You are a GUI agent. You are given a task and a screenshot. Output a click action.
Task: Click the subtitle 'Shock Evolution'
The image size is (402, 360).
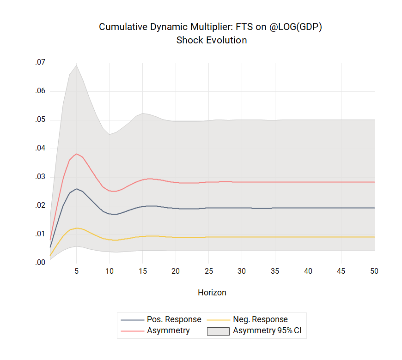(211, 40)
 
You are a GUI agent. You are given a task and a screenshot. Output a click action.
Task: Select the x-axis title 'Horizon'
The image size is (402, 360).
(212, 293)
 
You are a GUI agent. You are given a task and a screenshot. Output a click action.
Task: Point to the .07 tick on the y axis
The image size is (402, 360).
(41, 62)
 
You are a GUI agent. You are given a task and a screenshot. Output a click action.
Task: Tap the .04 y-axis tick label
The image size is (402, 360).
(41, 149)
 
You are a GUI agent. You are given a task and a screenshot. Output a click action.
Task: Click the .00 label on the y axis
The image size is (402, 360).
(41, 263)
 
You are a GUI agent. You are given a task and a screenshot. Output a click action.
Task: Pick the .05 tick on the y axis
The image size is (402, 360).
(41, 120)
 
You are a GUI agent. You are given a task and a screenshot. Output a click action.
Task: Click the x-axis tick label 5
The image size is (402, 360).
(77, 271)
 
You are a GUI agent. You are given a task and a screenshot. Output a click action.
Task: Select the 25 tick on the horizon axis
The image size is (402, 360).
(209, 271)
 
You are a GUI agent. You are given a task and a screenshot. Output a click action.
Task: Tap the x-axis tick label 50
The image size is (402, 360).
(374, 271)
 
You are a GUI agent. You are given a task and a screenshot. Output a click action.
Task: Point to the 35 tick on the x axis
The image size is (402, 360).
(275, 271)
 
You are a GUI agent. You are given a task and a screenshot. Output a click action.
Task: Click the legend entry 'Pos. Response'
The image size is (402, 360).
(174, 319)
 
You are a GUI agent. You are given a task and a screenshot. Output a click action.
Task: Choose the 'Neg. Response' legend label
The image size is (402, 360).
(260, 319)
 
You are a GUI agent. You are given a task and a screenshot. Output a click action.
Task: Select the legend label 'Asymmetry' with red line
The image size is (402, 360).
(168, 330)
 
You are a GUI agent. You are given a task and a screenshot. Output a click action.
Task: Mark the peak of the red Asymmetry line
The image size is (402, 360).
(77, 154)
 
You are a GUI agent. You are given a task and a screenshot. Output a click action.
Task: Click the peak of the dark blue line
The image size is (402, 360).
(77, 189)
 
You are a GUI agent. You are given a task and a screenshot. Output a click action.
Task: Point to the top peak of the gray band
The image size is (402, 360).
(77, 65)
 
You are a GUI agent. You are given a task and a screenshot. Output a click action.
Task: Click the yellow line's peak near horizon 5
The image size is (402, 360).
(77, 228)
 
